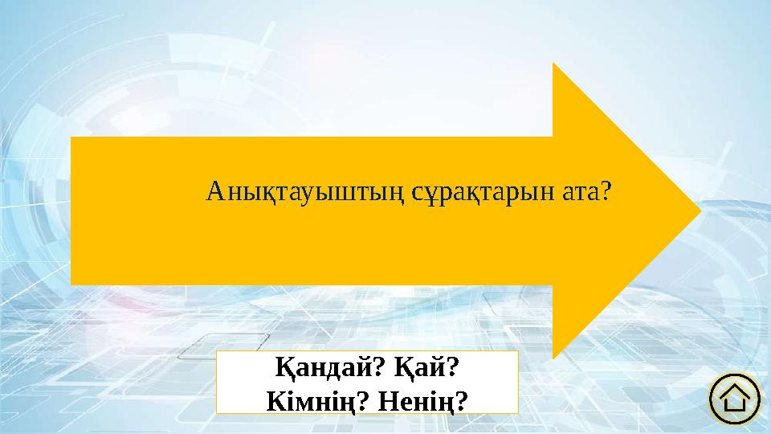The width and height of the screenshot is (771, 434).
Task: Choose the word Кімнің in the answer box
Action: pos(308,399)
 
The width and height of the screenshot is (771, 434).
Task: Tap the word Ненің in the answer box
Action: pos(418,399)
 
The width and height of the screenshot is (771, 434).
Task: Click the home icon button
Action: pos(735,399)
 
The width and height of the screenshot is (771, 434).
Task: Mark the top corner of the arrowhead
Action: pos(553,63)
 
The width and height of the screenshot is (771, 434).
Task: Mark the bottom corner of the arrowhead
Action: pos(553,358)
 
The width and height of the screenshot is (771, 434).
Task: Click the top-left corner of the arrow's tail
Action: pos(71,137)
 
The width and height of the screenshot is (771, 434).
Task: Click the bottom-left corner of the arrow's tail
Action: pos(71,285)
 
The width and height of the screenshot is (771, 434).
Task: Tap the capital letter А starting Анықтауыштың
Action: pos(214,192)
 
